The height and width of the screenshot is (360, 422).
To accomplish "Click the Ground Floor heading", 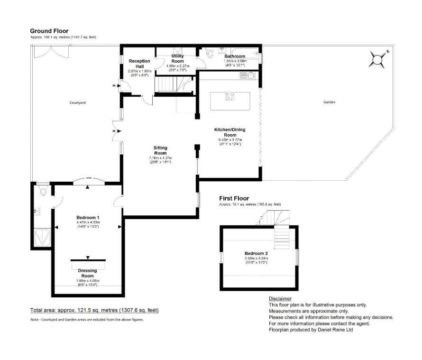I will [49, 31].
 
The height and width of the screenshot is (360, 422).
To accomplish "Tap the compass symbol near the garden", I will [377, 59].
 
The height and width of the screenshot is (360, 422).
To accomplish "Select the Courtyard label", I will [77, 102].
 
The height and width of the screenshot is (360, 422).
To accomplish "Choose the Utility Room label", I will [177, 58].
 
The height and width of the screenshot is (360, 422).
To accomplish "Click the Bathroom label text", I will [235, 56].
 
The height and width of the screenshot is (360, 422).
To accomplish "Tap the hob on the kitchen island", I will [230, 96].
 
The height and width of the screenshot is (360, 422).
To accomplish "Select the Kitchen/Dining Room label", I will [229, 132].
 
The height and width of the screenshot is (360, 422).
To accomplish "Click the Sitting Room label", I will [160, 150].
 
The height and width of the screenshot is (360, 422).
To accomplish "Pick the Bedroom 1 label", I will [87, 218].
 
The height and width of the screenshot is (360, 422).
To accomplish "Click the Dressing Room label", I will [87, 273].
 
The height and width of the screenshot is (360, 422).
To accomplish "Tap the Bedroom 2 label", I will [256, 254].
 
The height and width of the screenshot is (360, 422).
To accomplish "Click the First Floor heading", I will [234, 198].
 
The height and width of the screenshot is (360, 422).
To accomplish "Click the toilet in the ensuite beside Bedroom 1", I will [43, 191].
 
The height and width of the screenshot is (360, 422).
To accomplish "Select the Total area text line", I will [94, 310].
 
